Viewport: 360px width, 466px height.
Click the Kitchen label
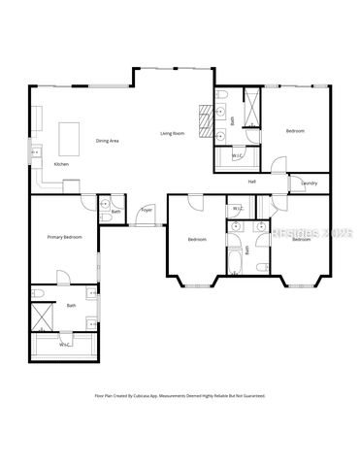pyautogui.click(x=61, y=164)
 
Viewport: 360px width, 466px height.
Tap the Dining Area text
pyautogui.click(x=107, y=142)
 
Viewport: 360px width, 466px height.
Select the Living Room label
pyautogui.click(x=172, y=133)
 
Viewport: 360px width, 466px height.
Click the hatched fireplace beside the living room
pyautogui.click(x=206, y=120)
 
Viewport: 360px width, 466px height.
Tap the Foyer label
pyautogui.click(x=147, y=210)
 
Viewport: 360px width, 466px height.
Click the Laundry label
pyautogui.click(x=310, y=183)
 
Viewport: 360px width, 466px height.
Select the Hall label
pyautogui.click(x=251, y=182)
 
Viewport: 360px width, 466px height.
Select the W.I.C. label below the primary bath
pyautogui.click(x=64, y=344)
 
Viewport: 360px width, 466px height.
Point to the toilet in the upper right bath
pyautogui.click(x=222, y=94)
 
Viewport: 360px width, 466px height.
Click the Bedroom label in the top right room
pyautogui.click(x=295, y=130)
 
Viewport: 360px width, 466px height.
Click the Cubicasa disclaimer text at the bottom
pyautogui.click(x=180, y=396)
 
